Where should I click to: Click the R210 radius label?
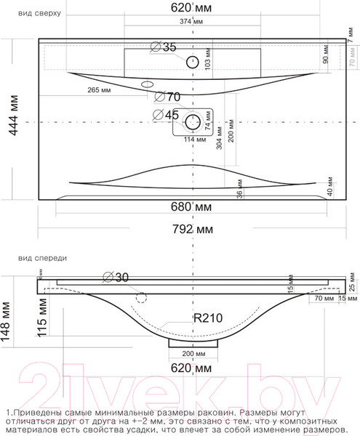(207, 317)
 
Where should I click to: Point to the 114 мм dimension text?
(193, 139)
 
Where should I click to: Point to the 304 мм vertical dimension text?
(219, 154)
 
